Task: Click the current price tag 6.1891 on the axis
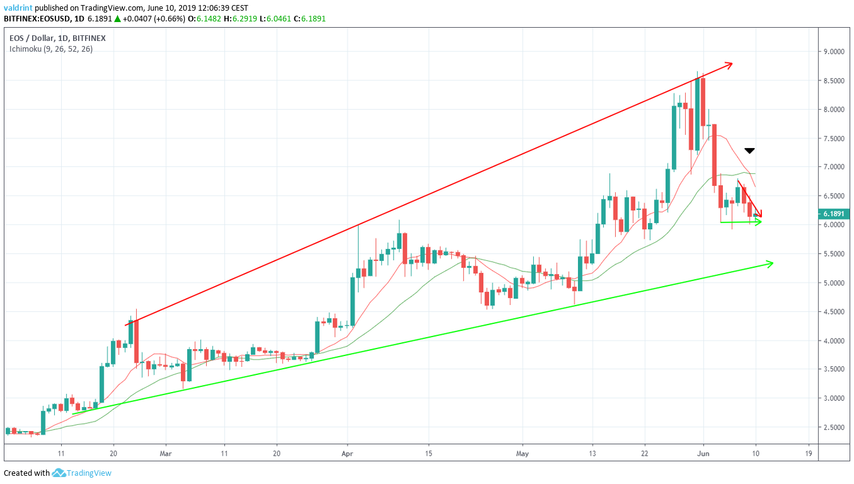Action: pos(831,214)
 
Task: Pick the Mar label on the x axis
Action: pos(166,453)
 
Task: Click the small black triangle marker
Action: pos(749,151)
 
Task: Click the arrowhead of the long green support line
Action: pos(770,263)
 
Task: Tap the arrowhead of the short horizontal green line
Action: pos(759,222)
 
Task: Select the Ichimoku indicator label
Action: pos(50,49)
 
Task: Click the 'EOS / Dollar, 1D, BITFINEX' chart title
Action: pos(57,38)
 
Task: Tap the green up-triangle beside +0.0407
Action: pos(117,19)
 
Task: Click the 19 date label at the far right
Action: pos(808,453)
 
